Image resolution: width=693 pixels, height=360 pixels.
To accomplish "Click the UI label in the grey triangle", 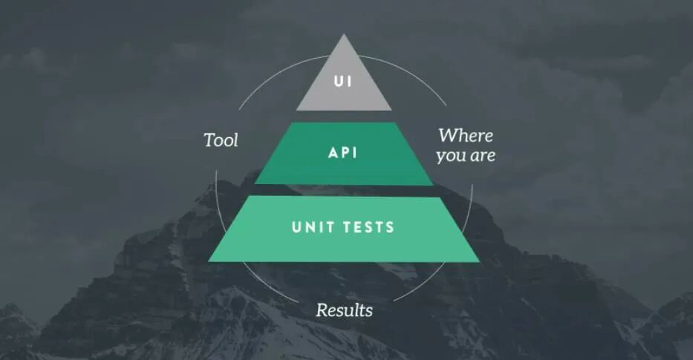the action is (x=343, y=80).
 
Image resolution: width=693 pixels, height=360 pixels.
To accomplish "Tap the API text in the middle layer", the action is (x=343, y=154).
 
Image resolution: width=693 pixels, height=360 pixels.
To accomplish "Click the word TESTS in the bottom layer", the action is (x=368, y=228).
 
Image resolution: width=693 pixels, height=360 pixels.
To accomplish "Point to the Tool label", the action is (x=221, y=140).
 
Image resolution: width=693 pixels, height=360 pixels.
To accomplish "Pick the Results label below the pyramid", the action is (x=344, y=310).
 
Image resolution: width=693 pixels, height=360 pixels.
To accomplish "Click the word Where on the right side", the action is (x=465, y=136).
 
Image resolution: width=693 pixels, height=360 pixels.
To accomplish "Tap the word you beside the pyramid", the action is (x=450, y=156).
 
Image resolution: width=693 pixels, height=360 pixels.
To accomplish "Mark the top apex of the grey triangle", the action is (x=343, y=34).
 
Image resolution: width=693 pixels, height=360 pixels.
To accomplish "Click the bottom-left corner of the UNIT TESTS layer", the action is (x=209, y=261).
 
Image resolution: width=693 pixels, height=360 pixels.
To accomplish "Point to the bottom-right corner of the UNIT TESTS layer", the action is (x=479, y=261).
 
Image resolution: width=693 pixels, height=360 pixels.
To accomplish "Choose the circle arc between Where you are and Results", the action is (x=438, y=278).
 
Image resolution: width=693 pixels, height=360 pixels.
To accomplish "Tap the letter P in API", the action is (x=344, y=154).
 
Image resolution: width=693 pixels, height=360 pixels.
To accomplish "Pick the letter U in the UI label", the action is (x=339, y=80).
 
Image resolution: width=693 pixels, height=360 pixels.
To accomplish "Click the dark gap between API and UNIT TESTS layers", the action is (x=343, y=191).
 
